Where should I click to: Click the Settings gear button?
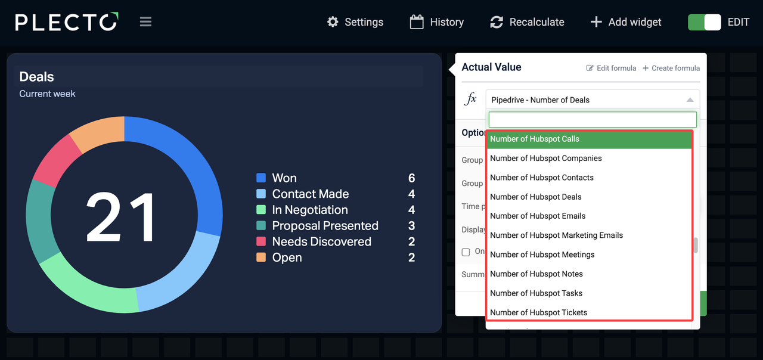[x=355, y=22]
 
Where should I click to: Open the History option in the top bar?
[x=437, y=22]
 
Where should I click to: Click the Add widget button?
[x=625, y=22]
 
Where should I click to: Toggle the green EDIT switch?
[x=704, y=22]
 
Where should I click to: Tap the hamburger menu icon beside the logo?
[x=145, y=22]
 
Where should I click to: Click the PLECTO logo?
[x=67, y=22]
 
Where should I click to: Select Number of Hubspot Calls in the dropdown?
[x=535, y=139]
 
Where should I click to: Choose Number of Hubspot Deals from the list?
[x=536, y=197]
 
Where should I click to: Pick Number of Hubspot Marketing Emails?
[x=556, y=235]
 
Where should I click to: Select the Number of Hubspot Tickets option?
[x=538, y=312]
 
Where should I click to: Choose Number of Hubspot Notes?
[x=536, y=274]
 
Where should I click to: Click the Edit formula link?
[x=611, y=68]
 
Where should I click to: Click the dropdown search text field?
[x=593, y=119]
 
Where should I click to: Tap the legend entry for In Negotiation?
[x=309, y=210]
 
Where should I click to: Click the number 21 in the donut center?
[x=122, y=217]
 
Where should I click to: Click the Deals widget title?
[x=36, y=77]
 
